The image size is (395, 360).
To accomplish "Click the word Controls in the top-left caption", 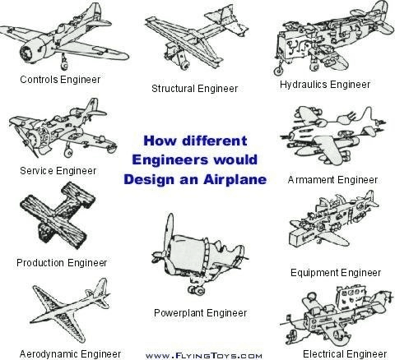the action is click(x=39, y=80).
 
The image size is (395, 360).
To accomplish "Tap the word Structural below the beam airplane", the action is click(x=173, y=89).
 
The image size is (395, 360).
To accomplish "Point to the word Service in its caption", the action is click(x=36, y=171).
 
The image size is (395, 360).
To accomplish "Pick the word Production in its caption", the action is click(x=40, y=263).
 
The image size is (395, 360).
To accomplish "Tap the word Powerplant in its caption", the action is click(x=179, y=313).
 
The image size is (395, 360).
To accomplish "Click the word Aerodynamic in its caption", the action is click(x=46, y=353).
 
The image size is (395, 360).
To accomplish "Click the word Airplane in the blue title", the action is click(x=235, y=180).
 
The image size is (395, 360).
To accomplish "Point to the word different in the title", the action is click(x=215, y=141).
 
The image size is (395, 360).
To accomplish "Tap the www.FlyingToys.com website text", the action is click(x=204, y=356).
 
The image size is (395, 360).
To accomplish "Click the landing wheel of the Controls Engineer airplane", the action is click(x=64, y=66).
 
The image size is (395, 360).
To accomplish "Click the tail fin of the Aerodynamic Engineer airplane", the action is click(x=100, y=288).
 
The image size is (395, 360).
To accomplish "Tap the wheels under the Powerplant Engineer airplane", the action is click(x=197, y=289).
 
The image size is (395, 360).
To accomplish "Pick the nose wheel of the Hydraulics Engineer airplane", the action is click(x=279, y=71).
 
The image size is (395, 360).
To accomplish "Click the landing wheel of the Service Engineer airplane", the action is click(x=68, y=153).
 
